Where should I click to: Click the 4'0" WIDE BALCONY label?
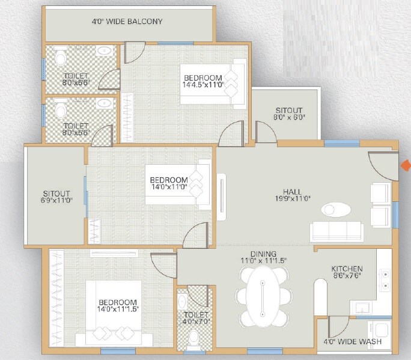127,22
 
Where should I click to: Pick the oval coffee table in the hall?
336,210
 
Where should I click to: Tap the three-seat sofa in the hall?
336,231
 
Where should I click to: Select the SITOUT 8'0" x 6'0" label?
289,114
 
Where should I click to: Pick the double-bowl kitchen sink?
384,277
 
